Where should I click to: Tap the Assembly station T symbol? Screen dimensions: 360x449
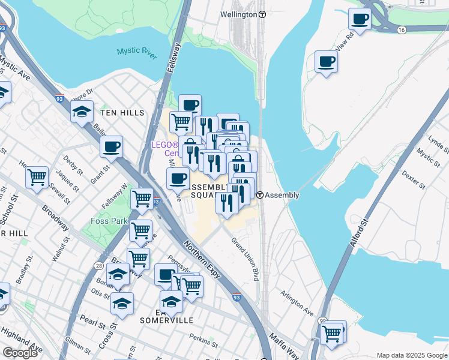tap(259, 195)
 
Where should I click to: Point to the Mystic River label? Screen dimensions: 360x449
tap(137, 53)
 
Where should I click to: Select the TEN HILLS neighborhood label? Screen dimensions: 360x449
tap(122, 113)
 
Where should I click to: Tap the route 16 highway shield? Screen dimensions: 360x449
tap(401, 29)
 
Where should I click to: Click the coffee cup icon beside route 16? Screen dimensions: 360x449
tap(360, 19)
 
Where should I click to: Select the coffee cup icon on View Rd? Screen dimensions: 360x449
tap(326, 62)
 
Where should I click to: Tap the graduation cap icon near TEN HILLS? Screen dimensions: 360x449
tap(82, 112)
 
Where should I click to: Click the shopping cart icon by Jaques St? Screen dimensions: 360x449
tap(37, 178)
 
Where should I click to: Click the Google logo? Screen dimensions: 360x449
tap(20, 353)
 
